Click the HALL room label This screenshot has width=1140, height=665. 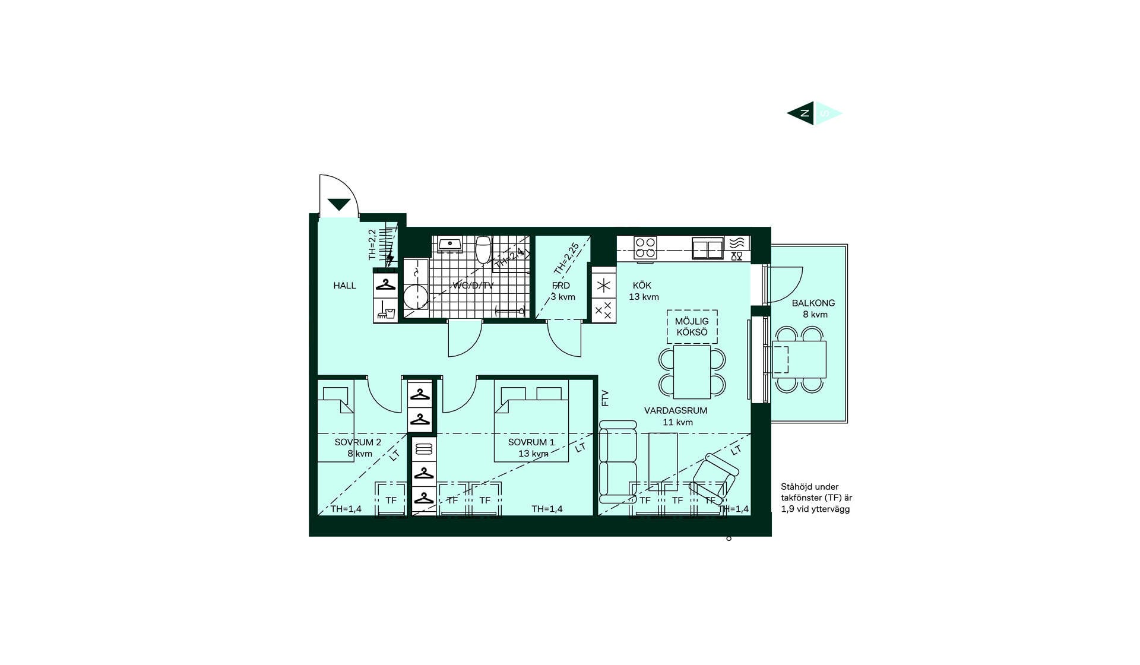click(x=344, y=286)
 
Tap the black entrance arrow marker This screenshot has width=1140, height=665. click(x=339, y=205)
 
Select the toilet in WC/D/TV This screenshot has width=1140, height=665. click(x=483, y=250)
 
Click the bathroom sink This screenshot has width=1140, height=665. click(x=451, y=243)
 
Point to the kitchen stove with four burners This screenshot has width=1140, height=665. click(x=645, y=248)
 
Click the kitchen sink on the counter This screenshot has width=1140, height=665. click(x=708, y=248)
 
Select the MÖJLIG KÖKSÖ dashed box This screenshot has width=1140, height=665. click(x=692, y=327)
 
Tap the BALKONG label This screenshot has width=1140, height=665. click(x=813, y=303)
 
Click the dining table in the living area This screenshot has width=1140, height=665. click(x=692, y=372)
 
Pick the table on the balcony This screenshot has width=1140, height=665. click(x=799, y=359)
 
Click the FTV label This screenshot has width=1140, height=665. click(x=605, y=398)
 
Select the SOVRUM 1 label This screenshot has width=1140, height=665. click(x=531, y=442)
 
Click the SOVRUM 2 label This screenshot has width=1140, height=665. click(x=357, y=442)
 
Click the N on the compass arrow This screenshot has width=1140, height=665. click(x=805, y=113)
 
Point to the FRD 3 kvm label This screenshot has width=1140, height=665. click(x=562, y=291)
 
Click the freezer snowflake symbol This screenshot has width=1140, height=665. click(x=604, y=286)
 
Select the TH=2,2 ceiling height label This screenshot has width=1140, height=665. click(x=372, y=245)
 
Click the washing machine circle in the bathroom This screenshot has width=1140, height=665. click(x=416, y=296)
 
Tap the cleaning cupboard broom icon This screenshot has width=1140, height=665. click(x=386, y=311)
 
